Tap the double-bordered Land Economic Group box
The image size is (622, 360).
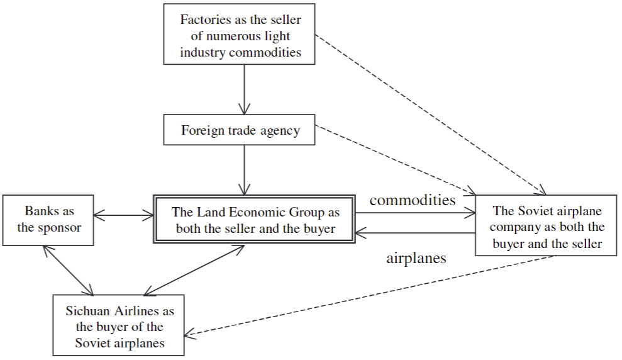pos(255,220)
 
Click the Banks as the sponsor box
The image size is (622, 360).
pos(49,220)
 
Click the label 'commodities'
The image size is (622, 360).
pos(413,200)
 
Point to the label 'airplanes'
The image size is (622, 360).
pos(416,258)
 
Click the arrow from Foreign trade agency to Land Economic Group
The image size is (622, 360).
pos(243,170)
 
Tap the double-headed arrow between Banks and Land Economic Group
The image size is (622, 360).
pos(125,217)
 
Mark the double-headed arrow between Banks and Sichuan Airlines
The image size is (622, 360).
pos(68,270)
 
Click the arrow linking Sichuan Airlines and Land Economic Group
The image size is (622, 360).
pos(194,269)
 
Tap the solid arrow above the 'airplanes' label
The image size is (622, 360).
pos(415,233)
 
